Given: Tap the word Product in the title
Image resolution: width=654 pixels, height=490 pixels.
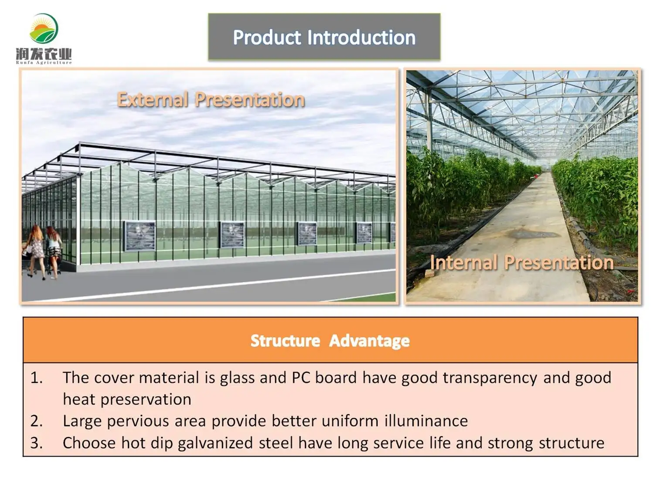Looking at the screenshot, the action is coord(267,37).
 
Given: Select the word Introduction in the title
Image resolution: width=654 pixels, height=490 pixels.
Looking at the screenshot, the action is coord(361,37).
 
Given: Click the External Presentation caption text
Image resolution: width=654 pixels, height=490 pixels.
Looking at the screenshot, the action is coord(211,99).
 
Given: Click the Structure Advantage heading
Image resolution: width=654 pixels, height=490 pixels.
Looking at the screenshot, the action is coord(330,341).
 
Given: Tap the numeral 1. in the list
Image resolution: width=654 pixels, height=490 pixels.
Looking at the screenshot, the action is coord(37,378).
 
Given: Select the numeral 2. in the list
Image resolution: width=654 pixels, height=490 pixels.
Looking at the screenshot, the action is coord(37,421).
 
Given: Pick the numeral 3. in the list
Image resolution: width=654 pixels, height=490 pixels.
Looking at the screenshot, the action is coord(37,443).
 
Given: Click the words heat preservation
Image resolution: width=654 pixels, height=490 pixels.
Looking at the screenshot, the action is coord(127,399).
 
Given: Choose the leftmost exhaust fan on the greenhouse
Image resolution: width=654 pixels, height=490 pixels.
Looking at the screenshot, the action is coord(140,237).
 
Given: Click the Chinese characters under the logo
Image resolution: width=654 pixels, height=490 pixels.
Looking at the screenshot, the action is coord(44,54).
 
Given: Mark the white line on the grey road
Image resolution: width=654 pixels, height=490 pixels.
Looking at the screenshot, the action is coord(208,286).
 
